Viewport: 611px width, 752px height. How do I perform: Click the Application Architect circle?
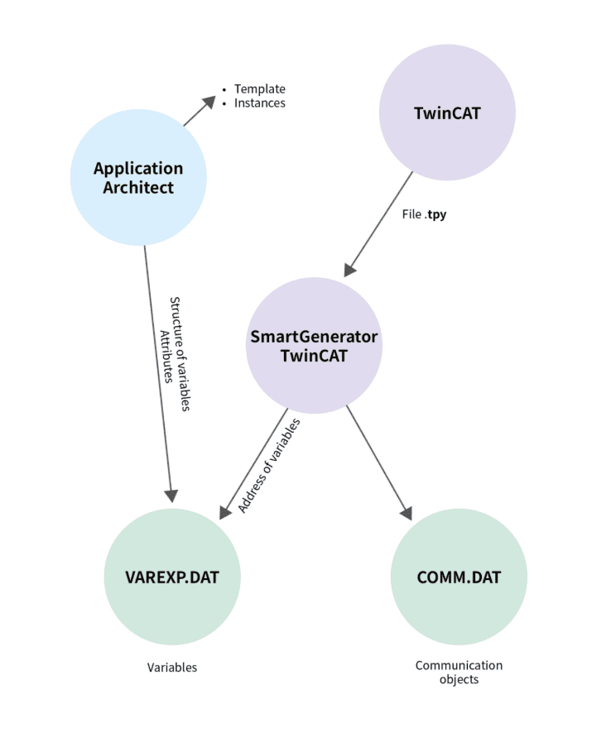(x=138, y=177)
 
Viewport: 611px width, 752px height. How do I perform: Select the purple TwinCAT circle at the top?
(x=447, y=113)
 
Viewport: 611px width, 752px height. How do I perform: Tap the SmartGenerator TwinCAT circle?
(x=315, y=345)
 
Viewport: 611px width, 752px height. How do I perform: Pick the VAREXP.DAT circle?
(x=173, y=577)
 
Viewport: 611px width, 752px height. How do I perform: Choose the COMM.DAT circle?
(x=459, y=577)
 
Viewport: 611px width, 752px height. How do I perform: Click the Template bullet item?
(x=259, y=89)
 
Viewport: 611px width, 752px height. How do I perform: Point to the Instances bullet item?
(x=259, y=103)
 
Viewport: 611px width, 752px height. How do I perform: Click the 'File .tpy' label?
(x=424, y=213)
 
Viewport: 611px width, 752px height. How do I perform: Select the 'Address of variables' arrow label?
(x=269, y=466)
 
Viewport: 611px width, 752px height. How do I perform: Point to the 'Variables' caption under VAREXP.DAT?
(x=172, y=667)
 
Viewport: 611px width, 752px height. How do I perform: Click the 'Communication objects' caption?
(x=459, y=672)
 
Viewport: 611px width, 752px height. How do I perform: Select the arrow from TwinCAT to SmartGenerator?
(x=378, y=224)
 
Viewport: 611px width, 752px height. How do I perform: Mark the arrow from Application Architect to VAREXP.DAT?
(x=158, y=372)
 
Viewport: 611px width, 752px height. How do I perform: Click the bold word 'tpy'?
(x=438, y=213)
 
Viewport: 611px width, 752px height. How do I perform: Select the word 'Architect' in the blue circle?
(x=138, y=188)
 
